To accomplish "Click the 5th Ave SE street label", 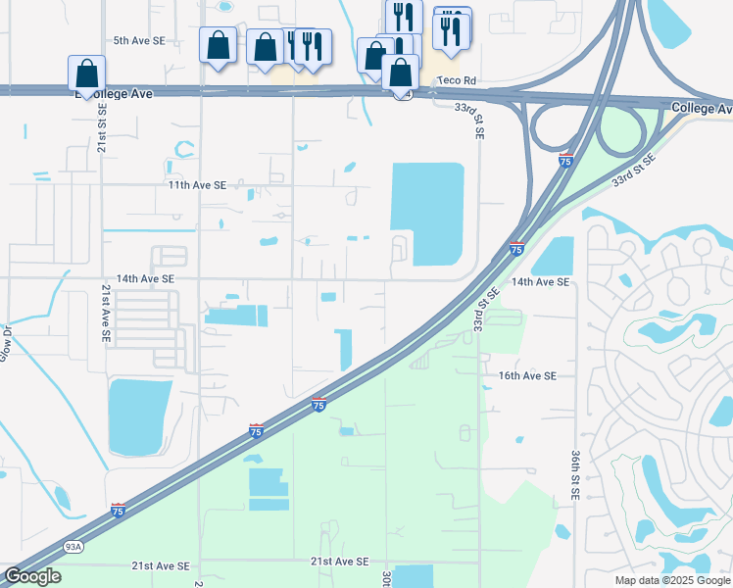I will pos(139,41).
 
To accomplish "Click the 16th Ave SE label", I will pos(527,375).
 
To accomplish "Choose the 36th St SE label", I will pos(574,474).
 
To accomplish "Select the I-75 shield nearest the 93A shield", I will pos(118,510).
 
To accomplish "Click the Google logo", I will pos(31,577).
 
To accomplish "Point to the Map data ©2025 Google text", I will pos(672,580).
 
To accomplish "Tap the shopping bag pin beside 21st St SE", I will pos(86,73).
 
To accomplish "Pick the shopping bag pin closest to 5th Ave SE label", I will pos(218,45).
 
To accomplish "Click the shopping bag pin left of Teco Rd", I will pos(400,73).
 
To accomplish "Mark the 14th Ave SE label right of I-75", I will pos(540,282).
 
